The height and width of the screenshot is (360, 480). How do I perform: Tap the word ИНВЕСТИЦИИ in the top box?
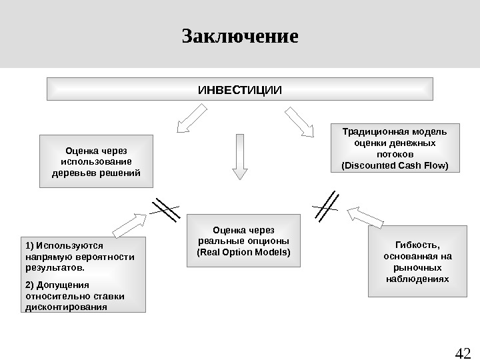point(240,89)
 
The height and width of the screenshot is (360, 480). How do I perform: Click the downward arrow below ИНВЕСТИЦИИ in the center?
point(239,157)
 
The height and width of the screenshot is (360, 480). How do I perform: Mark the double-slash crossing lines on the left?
point(165,209)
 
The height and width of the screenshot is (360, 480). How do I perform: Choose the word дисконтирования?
point(65,307)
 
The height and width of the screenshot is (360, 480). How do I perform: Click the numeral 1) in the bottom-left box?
point(29,245)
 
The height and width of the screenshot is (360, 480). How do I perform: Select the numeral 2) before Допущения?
point(29,284)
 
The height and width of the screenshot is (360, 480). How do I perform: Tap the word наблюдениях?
point(417,278)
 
